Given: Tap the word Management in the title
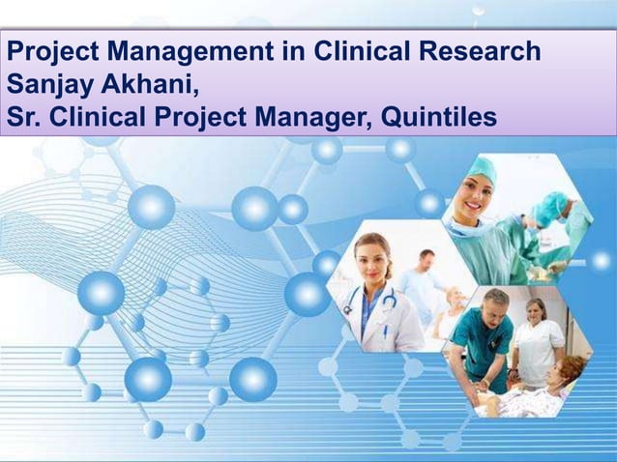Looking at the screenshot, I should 184,51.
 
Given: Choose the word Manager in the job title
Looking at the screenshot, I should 311,117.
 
